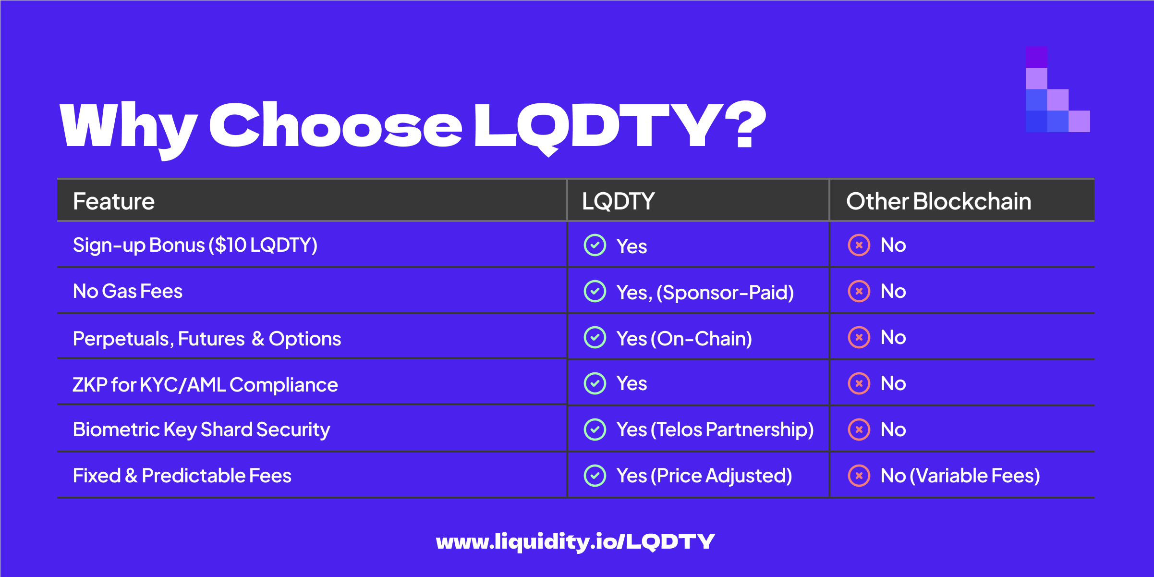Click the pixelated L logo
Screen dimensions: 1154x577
1057,89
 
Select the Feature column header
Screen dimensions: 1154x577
114,201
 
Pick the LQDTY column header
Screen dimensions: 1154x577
619,201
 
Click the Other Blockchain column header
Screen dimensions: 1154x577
939,201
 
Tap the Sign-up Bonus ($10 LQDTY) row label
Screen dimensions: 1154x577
195,245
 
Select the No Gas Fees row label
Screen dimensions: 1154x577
128,291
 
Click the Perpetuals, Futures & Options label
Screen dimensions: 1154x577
207,339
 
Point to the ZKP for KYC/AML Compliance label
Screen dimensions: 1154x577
205,385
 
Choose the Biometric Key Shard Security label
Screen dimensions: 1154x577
201,430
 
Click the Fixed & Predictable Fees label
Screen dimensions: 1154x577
182,476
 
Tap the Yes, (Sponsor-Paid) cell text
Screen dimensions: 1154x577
705,292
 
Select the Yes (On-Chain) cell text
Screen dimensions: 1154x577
684,339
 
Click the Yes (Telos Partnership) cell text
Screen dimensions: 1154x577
715,430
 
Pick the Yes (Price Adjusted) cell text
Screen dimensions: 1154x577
705,476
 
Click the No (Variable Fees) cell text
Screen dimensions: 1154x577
960,476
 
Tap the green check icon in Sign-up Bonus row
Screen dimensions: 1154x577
595,245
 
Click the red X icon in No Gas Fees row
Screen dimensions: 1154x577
859,291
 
